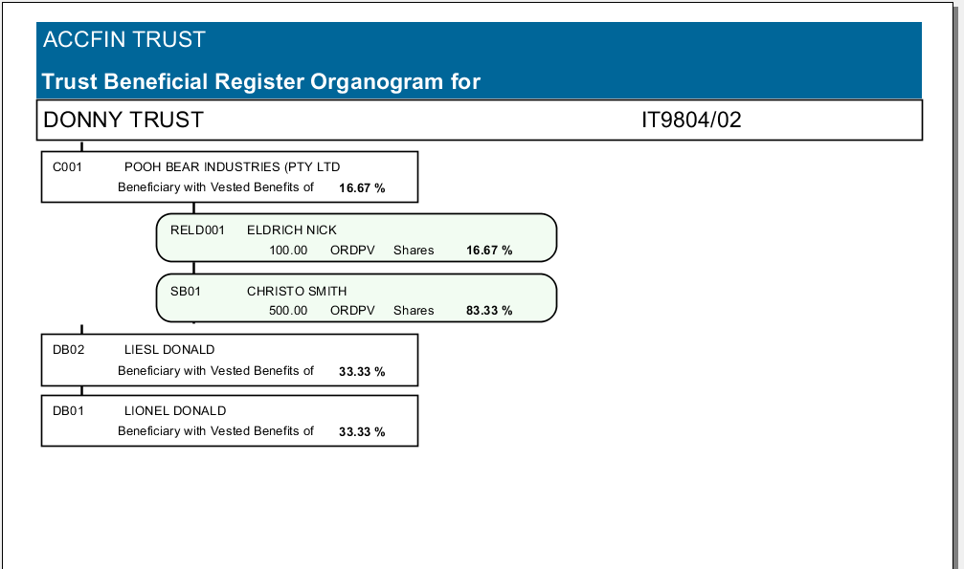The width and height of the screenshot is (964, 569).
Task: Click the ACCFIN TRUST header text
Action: coord(124,40)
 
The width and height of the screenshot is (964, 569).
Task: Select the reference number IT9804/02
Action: coord(691,120)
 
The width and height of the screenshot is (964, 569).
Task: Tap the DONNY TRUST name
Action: coord(123,120)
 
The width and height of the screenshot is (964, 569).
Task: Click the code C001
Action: coord(68,166)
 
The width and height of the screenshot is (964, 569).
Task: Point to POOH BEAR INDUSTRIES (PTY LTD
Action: coord(233,166)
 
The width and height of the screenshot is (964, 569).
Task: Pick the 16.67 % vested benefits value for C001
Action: coord(362,188)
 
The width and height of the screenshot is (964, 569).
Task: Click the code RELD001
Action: coord(197,230)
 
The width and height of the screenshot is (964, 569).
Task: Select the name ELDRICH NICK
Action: coord(292,230)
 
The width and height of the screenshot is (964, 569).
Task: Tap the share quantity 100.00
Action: coord(288,251)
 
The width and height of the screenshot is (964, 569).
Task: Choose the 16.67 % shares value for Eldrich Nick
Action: coord(489,251)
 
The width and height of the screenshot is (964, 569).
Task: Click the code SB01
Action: coord(186,291)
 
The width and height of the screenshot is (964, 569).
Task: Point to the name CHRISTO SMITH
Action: coord(297,291)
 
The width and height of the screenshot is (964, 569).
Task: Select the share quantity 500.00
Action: coord(288,311)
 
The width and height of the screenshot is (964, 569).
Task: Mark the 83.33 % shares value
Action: coord(489,311)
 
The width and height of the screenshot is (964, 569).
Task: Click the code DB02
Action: coord(69,349)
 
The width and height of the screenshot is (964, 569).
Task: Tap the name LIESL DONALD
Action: coord(169,349)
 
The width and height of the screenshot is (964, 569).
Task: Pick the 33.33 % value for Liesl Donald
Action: coord(362,371)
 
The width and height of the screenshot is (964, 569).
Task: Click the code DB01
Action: coord(69,410)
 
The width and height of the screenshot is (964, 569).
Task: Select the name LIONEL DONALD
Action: coord(175,410)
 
